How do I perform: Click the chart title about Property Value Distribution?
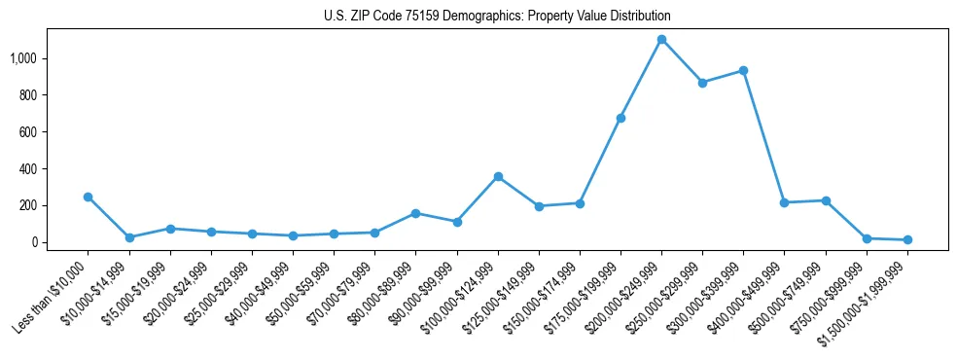497,16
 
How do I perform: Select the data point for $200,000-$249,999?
661,40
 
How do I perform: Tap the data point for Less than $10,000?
88,197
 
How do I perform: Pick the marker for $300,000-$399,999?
743,71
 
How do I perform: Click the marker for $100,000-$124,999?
498,177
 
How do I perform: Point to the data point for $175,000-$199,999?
620,118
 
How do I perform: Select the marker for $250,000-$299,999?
702,83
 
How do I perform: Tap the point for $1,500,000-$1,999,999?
907,239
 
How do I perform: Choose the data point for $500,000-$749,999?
826,200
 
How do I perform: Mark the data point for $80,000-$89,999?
415,213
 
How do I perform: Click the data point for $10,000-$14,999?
128,237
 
